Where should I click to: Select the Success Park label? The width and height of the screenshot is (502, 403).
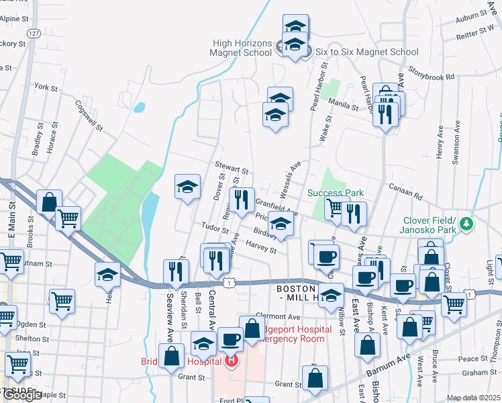pos(336,193)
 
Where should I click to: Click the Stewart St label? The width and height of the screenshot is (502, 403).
pos(232,167)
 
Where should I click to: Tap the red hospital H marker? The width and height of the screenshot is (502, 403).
pos(232,362)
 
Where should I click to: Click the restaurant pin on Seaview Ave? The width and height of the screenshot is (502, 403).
pos(176,271)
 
